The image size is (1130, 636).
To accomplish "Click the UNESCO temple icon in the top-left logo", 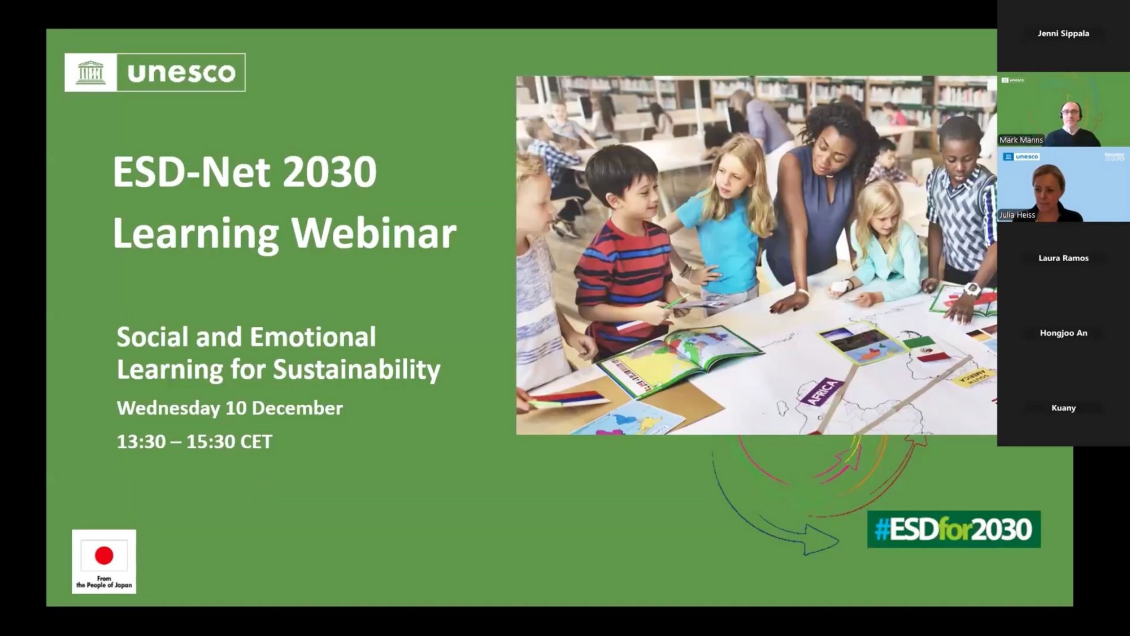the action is tap(90, 72).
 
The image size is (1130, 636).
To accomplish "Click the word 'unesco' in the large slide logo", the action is tap(181, 73).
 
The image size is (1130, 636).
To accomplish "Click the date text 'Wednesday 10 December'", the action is tap(230, 408).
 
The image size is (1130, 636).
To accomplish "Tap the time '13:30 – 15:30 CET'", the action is tap(194, 442).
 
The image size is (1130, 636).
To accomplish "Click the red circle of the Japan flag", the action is tap(104, 555).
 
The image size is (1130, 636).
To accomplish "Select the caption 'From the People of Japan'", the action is tap(104, 582).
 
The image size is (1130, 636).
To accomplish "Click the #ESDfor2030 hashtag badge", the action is tap(954, 529).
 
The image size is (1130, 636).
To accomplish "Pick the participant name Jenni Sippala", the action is tap(1063, 33).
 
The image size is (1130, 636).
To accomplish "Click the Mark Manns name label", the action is tap(1021, 140).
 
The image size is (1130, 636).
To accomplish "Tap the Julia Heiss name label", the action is tap(1017, 215).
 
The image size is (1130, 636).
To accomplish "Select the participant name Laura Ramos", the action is tap(1063, 258).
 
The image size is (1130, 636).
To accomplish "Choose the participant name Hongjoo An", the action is tap(1063, 333).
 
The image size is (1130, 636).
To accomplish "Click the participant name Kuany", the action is tap(1063, 408).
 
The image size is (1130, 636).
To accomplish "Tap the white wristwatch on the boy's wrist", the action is tap(972, 289).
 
